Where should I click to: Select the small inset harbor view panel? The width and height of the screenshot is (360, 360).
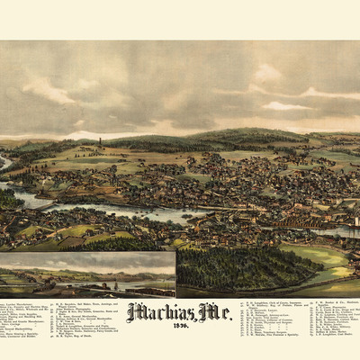tap(87, 274)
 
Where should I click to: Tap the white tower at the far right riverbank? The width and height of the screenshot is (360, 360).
tap(354, 219)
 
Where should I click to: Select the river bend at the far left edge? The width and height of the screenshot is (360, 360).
tap(4, 163)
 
